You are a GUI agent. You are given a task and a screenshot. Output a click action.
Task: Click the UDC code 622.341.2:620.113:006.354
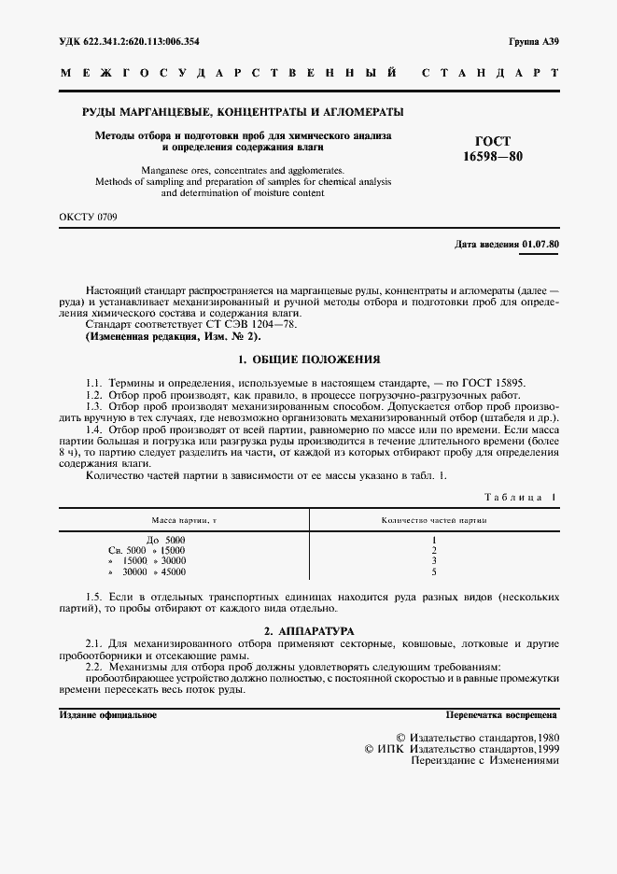[142, 41]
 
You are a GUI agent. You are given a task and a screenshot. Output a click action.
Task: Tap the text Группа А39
[534, 41]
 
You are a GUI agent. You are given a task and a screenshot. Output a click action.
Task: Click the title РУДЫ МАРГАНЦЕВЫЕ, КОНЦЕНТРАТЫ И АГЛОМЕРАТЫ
[244, 112]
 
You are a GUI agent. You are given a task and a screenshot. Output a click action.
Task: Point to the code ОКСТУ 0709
[89, 217]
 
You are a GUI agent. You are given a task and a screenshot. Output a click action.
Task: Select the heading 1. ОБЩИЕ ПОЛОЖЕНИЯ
[308, 359]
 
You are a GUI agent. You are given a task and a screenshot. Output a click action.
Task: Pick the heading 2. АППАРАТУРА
[308, 632]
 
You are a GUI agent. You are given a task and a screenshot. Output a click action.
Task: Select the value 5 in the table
[435, 571]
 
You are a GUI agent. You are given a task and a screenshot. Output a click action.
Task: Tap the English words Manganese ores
[178, 171]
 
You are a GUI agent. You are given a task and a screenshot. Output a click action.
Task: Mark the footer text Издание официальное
[107, 714]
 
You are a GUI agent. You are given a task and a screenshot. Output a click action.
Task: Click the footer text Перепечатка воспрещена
[501, 714]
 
